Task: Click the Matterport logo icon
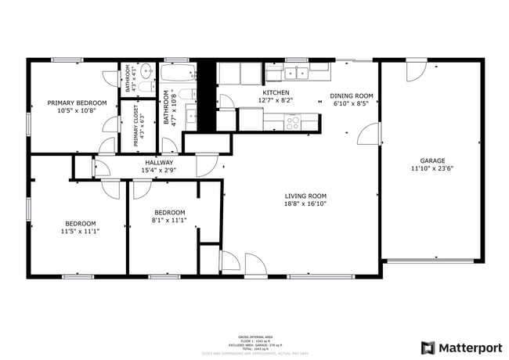428,347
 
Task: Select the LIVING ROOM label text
305,196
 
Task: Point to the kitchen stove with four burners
292,122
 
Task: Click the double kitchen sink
297,73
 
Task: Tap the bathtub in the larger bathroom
178,74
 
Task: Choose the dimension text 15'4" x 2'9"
158,170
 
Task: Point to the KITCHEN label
275,92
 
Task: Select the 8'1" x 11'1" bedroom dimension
169,221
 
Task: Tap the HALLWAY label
158,161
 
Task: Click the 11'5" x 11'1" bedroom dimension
79,231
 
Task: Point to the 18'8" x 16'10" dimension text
305,204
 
